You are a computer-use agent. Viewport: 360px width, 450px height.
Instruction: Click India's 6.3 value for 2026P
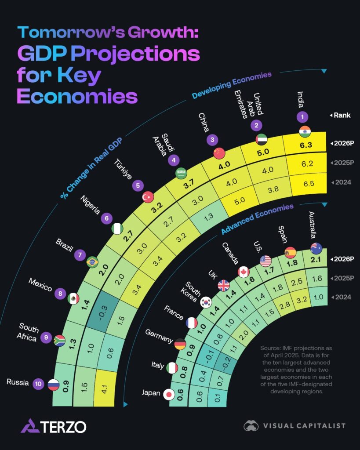304,144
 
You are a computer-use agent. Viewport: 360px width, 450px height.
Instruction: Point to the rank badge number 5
138,185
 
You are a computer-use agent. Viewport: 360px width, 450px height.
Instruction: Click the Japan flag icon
168,395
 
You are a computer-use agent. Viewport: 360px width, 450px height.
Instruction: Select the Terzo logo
53,426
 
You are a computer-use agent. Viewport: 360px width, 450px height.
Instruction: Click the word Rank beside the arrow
342,115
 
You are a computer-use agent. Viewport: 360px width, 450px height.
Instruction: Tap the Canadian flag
244,272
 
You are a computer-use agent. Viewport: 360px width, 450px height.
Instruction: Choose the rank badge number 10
39,384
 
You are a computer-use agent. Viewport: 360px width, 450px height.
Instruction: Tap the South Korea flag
205,302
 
